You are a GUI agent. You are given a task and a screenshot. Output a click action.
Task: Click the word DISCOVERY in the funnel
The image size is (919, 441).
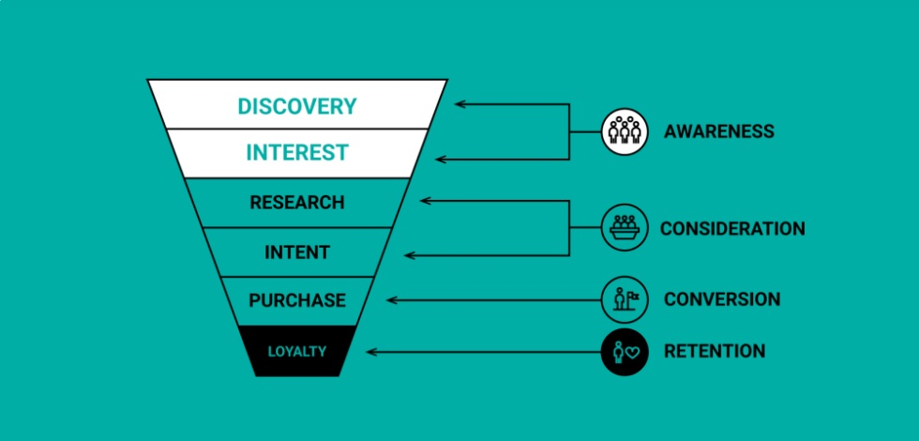coord(297,106)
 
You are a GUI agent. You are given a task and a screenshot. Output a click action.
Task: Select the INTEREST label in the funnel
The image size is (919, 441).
coord(297,152)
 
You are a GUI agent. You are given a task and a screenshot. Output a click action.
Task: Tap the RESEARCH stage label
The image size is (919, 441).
coord(297,203)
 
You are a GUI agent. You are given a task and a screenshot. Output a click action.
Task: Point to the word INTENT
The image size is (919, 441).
coord(297,252)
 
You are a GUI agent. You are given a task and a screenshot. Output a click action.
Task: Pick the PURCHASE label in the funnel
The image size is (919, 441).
coord(297,301)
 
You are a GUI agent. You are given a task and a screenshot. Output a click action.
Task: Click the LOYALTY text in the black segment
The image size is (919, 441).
coord(297,352)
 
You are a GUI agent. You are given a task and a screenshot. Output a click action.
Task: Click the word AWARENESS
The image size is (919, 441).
coord(718,131)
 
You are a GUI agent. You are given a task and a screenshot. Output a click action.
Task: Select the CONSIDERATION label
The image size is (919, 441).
coord(731,228)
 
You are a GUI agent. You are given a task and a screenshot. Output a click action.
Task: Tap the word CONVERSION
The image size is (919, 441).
coord(721,300)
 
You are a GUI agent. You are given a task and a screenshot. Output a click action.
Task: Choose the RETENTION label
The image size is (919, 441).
coord(714,352)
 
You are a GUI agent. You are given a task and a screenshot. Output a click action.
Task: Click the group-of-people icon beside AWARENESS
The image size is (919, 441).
coord(625,131)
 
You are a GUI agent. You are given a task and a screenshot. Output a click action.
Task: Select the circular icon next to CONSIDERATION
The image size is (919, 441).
coord(625,228)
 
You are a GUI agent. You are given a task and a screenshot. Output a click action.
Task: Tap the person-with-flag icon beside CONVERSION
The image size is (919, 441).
coord(625,300)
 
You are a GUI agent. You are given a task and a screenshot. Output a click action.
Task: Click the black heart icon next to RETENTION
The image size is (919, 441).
coord(625,352)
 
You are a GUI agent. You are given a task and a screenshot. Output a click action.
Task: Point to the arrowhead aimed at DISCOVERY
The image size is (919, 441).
coord(459,103)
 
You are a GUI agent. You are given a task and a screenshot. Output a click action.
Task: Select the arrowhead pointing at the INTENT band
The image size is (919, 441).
coord(409,253)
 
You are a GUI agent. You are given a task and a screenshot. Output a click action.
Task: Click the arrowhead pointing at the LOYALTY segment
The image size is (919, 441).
coord(372,352)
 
